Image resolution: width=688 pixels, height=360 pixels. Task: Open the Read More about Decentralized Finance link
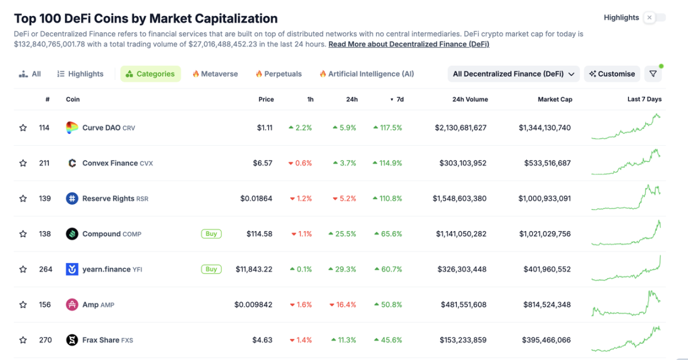click(x=408, y=44)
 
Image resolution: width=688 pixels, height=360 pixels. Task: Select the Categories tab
click(x=150, y=74)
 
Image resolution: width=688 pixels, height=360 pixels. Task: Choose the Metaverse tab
click(x=215, y=74)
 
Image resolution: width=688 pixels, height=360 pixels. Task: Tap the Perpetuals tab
click(x=279, y=74)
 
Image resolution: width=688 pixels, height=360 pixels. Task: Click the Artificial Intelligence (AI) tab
click(x=367, y=74)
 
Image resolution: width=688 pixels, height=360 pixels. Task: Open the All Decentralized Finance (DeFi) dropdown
click(x=514, y=74)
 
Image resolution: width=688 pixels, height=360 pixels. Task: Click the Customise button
click(x=612, y=74)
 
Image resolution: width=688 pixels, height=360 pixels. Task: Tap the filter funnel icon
click(x=653, y=74)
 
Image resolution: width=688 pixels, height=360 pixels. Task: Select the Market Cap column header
click(x=555, y=100)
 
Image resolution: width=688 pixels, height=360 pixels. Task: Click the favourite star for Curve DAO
click(x=23, y=128)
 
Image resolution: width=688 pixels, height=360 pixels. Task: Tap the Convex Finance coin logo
click(x=72, y=163)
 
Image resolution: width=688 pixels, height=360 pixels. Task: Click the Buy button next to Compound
click(x=211, y=234)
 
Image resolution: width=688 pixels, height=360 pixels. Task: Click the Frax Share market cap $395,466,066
click(x=544, y=340)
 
